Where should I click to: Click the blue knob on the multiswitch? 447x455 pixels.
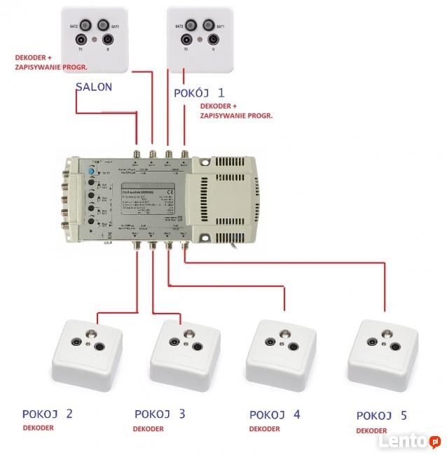click(90, 171)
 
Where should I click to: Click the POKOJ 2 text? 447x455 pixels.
click(48, 414)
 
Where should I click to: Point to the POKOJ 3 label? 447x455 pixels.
click(160, 414)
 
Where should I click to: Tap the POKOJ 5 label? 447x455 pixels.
click(381, 416)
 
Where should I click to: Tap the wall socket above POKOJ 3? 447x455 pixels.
click(184, 348)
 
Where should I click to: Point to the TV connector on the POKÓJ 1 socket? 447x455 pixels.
click(186, 41)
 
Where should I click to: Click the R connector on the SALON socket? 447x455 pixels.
click(107, 41)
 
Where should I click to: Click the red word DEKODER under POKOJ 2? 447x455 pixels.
click(37, 428)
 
